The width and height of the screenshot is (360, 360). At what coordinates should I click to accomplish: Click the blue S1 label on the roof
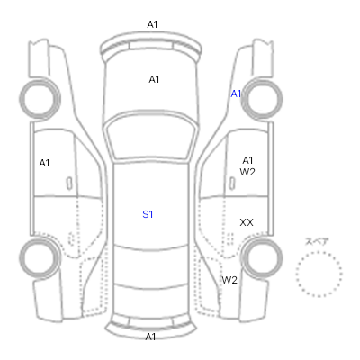click(148, 214)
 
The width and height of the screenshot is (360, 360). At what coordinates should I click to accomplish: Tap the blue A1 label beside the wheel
click(236, 94)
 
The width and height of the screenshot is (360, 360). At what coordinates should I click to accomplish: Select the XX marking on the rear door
click(247, 222)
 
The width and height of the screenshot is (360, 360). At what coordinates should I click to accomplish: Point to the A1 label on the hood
click(154, 79)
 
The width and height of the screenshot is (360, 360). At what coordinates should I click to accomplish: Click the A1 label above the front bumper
click(152, 24)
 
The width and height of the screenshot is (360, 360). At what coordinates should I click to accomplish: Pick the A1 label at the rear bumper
click(150, 337)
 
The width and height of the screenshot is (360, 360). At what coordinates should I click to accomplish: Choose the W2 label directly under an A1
click(247, 172)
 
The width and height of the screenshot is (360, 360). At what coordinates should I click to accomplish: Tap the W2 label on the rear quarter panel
click(229, 280)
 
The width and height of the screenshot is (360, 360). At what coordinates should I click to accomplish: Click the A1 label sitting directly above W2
click(247, 160)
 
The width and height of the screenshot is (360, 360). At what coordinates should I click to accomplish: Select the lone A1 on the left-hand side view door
click(44, 163)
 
